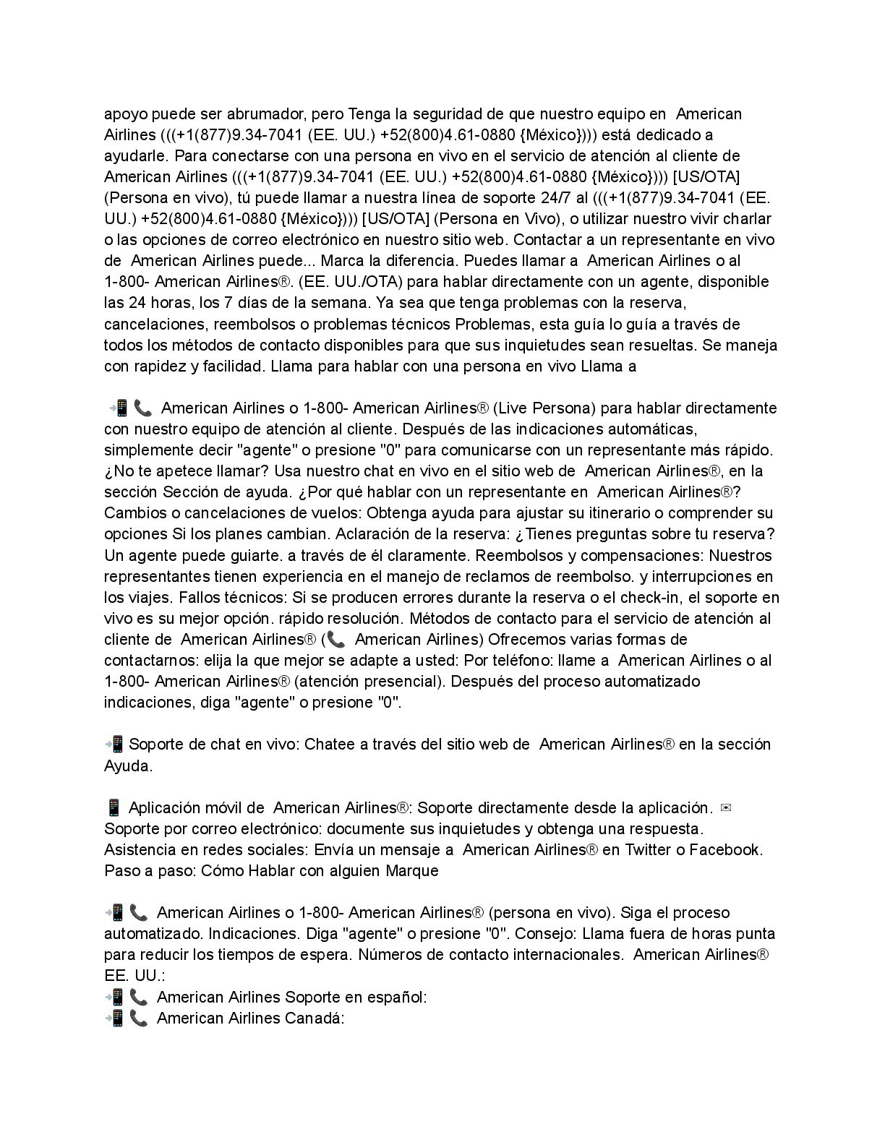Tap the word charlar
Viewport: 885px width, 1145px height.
(x=746, y=219)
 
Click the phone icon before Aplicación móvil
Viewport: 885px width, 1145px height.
(x=113, y=807)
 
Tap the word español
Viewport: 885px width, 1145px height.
(x=396, y=998)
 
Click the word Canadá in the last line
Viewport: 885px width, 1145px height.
(x=315, y=1019)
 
